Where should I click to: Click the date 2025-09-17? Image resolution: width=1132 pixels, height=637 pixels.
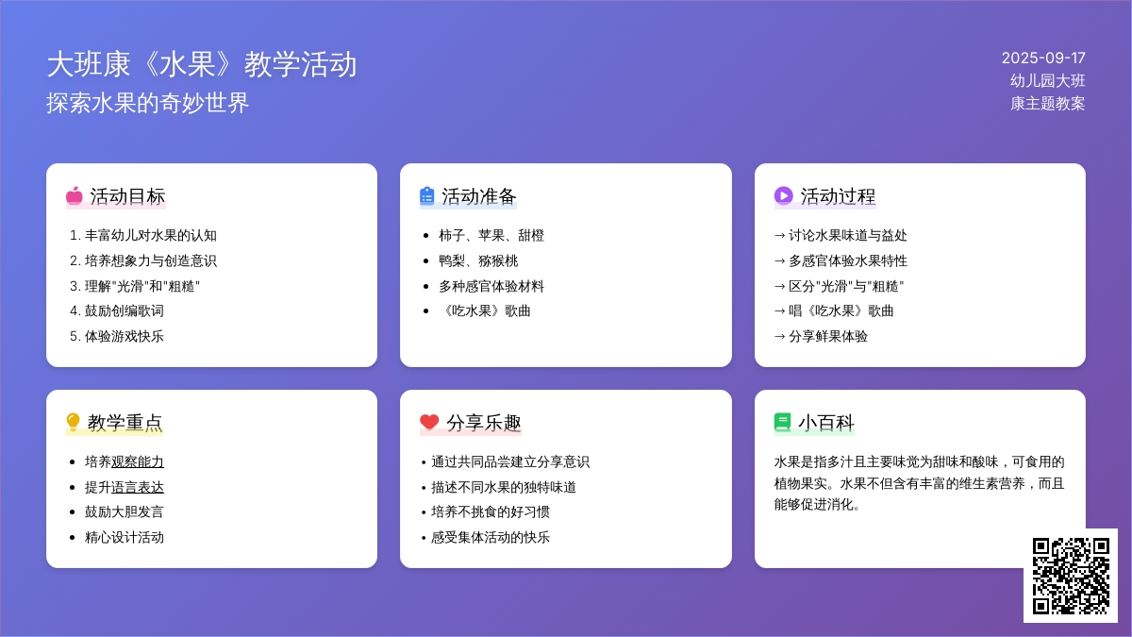pyautogui.click(x=1043, y=59)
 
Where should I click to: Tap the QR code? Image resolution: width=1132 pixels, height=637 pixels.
pyautogui.click(x=1071, y=576)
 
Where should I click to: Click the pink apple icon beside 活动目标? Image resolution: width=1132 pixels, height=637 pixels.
pyautogui.click(x=75, y=196)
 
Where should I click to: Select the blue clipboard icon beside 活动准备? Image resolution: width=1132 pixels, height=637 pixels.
pyautogui.click(x=427, y=196)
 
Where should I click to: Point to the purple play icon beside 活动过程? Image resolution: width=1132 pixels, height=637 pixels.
pyautogui.click(x=783, y=195)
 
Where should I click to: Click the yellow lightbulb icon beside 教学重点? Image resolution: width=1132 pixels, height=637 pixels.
pyautogui.click(x=73, y=422)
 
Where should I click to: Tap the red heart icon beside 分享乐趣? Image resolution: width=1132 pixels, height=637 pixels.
pyautogui.click(x=429, y=422)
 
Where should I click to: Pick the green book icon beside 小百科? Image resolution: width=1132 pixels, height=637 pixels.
pyautogui.click(x=782, y=422)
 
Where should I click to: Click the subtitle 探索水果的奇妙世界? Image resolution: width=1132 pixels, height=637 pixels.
pyautogui.click(x=147, y=103)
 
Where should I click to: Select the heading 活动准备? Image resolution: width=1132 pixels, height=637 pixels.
pyautogui.click(x=478, y=196)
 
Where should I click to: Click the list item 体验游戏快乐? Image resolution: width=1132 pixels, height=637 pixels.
pyautogui.click(x=125, y=336)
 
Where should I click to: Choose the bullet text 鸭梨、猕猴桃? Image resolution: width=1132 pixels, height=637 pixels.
pyautogui.click(x=478, y=260)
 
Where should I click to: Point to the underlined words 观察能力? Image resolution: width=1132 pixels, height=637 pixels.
pyautogui.click(x=138, y=461)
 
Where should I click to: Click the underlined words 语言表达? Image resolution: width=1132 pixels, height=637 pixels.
pyautogui.click(x=138, y=487)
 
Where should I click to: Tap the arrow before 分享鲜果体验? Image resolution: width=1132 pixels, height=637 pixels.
pyautogui.click(x=780, y=336)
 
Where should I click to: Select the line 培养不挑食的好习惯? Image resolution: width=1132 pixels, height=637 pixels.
pyautogui.click(x=491, y=511)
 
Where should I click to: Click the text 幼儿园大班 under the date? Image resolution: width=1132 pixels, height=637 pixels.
pyautogui.click(x=1048, y=81)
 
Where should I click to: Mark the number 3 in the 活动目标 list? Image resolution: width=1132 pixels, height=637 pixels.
pyautogui.click(x=74, y=286)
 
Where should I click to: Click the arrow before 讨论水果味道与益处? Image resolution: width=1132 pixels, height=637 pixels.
pyautogui.click(x=780, y=235)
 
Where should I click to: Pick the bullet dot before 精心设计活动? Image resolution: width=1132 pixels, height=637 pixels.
pyautogui.click(x=73, y=537)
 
